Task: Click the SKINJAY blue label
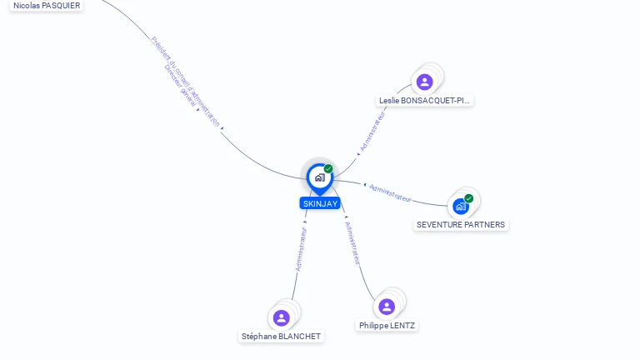(x=320, y=203)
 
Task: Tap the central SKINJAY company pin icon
(x=319, y=177)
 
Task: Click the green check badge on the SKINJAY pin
(x=328, y=168)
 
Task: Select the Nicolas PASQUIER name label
(x=47, y=5)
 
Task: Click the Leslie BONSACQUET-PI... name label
(x=424, y=100)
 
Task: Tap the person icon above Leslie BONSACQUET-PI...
(x=425, y=82)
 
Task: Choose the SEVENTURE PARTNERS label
(x=461, y=225)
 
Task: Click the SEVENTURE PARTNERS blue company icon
(x=461, y=206)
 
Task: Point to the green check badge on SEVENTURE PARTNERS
(x=469, y=198)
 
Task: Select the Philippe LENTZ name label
(x=387, y=325)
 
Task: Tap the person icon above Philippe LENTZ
(x=387, y=307)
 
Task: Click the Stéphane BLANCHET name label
(x=281, y=337)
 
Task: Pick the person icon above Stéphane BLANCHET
(x=282, y=317)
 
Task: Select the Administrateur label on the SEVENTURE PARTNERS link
(x=390, y=193)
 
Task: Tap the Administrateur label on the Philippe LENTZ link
(x=352, y=243)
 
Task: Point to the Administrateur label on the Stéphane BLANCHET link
(x=301, y=250)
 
